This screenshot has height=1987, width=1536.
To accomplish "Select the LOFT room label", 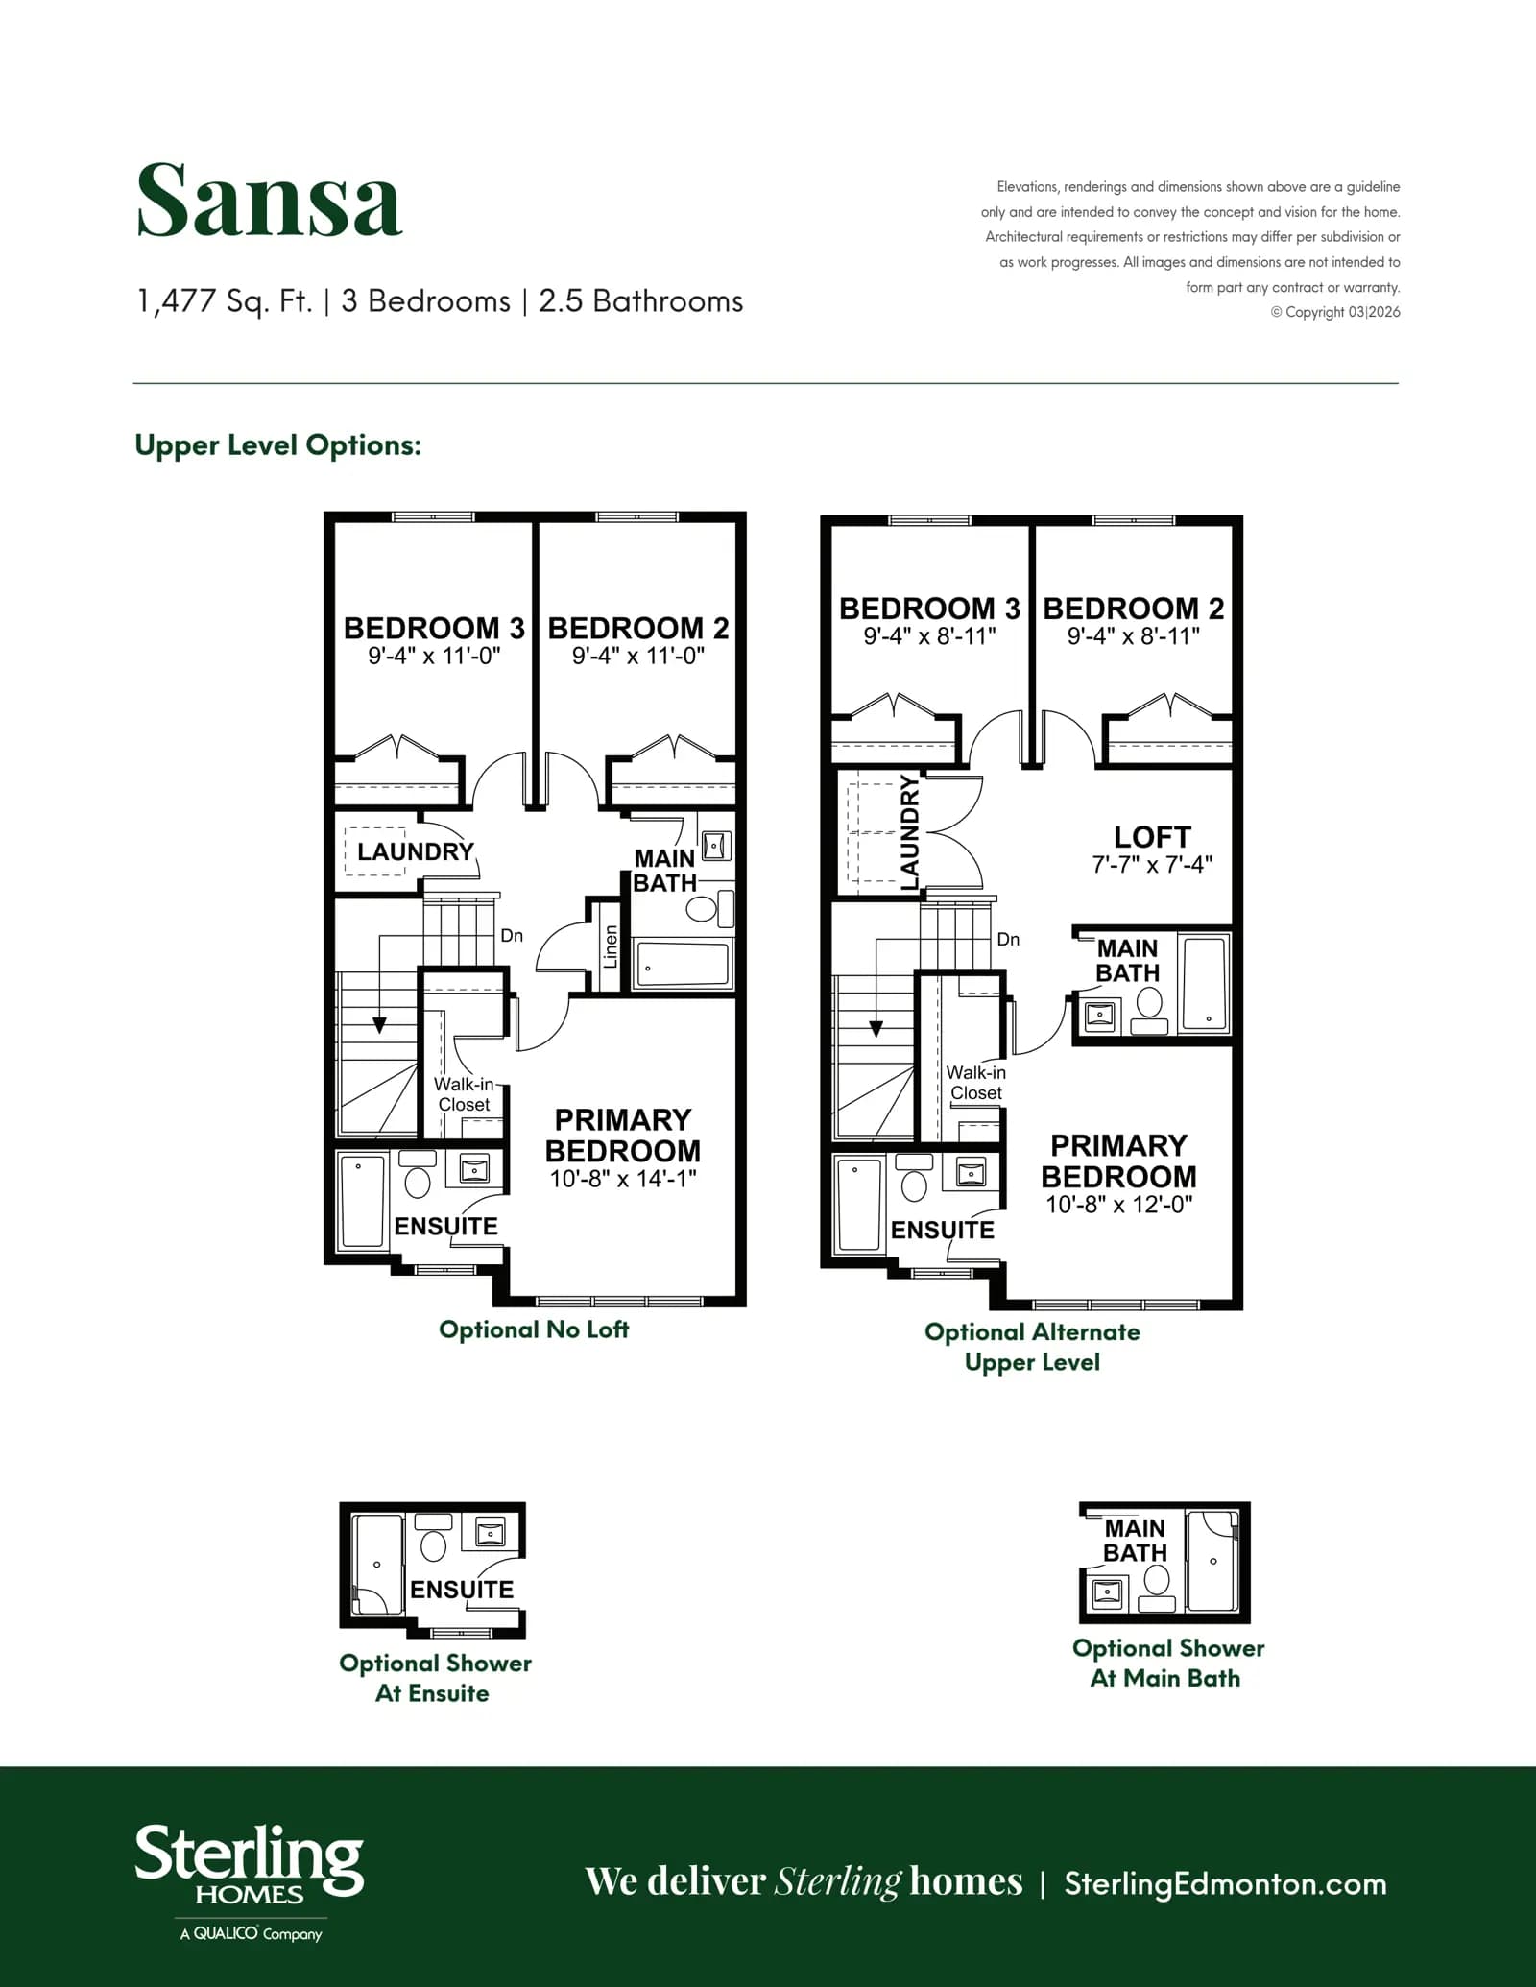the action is [1152, 837].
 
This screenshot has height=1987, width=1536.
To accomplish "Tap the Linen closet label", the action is [611, 946].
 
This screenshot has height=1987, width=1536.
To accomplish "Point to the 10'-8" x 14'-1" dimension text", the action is [623, 1179].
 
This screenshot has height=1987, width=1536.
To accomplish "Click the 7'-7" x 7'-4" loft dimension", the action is [1152, 864].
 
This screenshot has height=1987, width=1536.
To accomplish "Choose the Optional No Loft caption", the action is [534, 1329].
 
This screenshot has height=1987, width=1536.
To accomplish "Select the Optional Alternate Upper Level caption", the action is [1032, 1347].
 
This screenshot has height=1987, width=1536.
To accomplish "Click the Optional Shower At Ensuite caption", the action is [435, 1678].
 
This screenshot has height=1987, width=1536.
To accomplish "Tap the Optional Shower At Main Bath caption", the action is [1167, 1663].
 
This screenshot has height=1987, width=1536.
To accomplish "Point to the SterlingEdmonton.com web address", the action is [1225, 1883].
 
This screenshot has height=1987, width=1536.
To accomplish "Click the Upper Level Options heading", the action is [277, 445].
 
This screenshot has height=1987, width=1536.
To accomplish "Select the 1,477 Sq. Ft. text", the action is [225, 301].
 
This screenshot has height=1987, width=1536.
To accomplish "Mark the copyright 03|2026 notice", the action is [1335, 312].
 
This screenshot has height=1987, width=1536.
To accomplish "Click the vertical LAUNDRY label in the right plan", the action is [909, 832].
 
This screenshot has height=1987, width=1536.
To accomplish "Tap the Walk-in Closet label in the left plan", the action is [464, 1094].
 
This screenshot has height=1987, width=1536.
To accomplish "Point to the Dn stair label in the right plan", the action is [1008, 939].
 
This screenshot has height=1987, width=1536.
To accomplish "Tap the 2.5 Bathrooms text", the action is [641, 301].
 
